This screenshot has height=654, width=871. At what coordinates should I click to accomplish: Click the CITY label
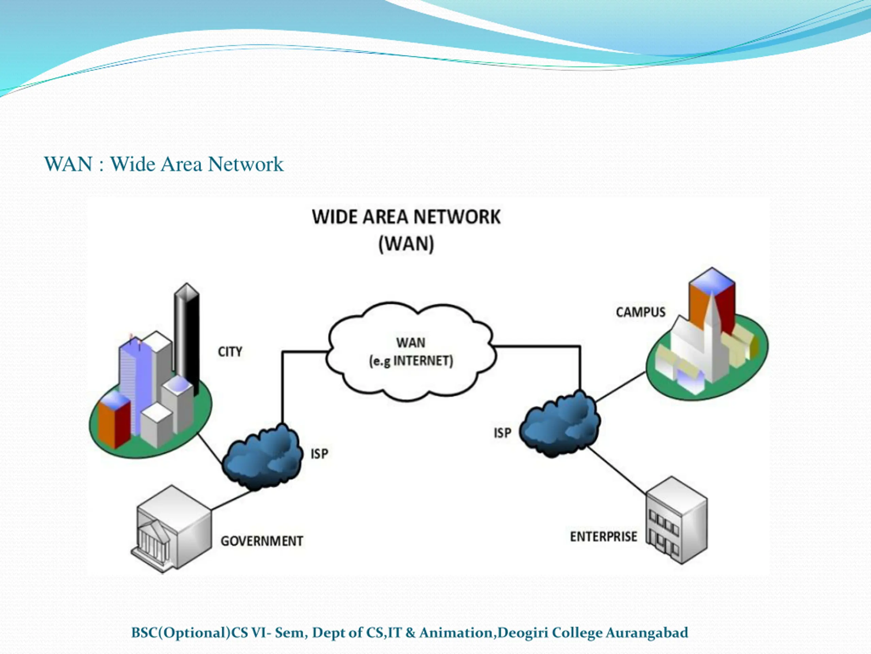click(x=230, y=352)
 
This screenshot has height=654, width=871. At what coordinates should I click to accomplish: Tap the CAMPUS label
click(x=641, y=312)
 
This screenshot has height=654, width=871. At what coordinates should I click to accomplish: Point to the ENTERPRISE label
click(x=604, y=536)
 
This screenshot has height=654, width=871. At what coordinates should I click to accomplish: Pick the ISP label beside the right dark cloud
click(x=503, y=433)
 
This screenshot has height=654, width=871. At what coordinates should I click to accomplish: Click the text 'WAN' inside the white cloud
click(x=411, y=343)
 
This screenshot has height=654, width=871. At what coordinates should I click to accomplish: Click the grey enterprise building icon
click(x=677, y=520)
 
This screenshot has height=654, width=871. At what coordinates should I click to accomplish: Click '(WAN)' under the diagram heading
click(x=406, y=244)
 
